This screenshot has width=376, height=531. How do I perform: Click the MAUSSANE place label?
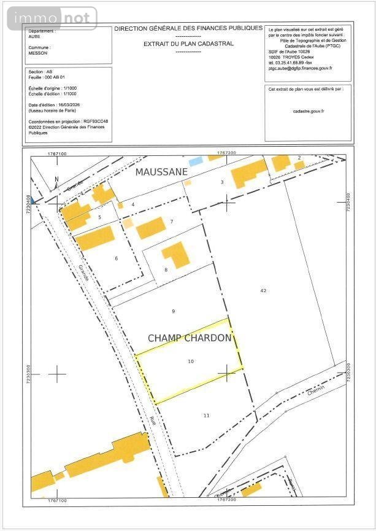pyautogui.click(x=161, y=172)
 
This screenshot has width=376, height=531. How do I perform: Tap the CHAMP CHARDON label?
pyautogui.click(x=190, y=338)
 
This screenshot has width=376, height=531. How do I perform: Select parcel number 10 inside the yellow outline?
pyautogui.click(x=191, y=362)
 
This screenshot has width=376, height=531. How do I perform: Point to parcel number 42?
pyautogui.click(x=263, y=290)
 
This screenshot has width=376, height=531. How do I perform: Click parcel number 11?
pyautogui.click(x=206, y=416)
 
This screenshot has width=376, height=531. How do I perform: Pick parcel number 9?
pyautogui.click(x=173, y=311)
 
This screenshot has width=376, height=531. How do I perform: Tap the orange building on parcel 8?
pyautogui.click(x=175, y=255)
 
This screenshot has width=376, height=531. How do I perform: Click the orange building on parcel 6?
pyautogui.click(x=95, y=238)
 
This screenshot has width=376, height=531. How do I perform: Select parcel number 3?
pyautogui.click(x=222, y=182)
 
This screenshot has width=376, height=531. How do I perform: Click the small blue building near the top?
pyautogui.click(x=195, y=161)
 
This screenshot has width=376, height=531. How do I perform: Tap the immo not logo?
pyautogui.click(x=52, y=18)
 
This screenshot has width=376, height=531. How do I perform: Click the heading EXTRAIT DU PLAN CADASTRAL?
pyautogui.click(x=188, y=44)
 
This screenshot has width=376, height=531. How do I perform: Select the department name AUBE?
pyautogui.click(x=36, y=36)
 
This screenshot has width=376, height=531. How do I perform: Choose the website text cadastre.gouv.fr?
pyautogui.click(x=309, y=111)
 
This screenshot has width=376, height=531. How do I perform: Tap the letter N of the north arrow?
pyautogui.click(x=56, y=179)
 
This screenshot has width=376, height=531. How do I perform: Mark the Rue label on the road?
pyautogui.click(x=152, y=421)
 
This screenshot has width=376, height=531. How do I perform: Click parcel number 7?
pyautogui.click(x=172, y=222)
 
